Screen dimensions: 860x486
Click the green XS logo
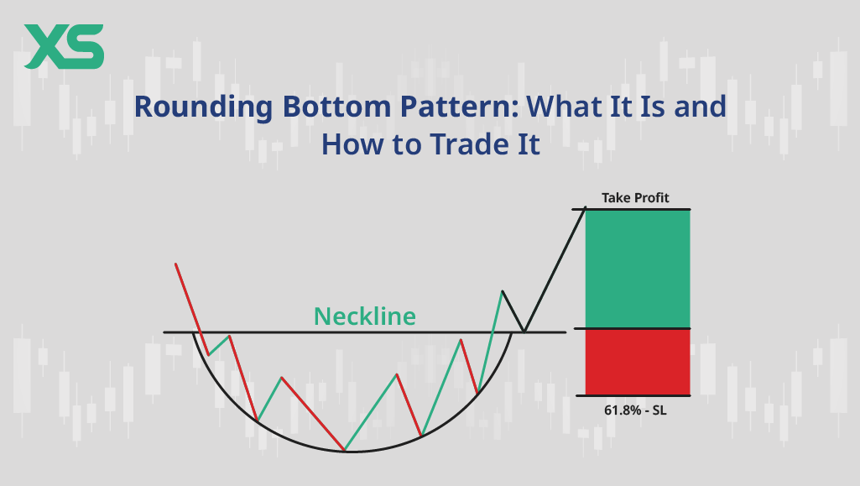pos(64,47)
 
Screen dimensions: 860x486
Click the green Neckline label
pos(365,316)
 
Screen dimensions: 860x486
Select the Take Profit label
pos(635,198)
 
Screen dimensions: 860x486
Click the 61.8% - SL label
pos(635,410)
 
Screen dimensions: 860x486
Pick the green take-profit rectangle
pos(638,269)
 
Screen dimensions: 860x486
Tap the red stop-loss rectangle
pos(638,362)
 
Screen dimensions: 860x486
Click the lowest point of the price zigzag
pos(345,451)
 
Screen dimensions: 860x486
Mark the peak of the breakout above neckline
pos(502,291)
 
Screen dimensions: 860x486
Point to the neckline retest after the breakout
pos(524,332)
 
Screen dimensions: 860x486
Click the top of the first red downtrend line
pos(176,264)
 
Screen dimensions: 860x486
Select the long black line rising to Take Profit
pos(555,270)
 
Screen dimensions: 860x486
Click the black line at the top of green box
pos(631,209)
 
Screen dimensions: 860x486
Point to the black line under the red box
pos(633,395)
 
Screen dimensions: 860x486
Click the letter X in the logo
pos(44,47)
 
